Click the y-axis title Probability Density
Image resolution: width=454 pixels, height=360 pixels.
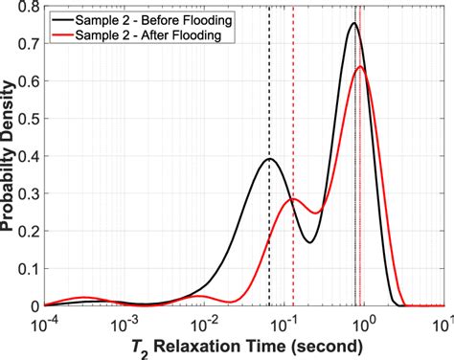[10, 158]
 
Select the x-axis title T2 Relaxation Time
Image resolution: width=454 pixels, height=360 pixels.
[241, 347]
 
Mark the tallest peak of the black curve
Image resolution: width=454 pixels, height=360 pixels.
[354, 24]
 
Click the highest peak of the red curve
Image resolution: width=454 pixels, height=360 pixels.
[361, 67]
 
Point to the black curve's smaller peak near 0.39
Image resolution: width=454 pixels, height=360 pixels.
[269, 159]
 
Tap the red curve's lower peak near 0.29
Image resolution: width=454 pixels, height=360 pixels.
[294, 199]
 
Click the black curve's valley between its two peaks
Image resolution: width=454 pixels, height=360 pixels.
[310, 242]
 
